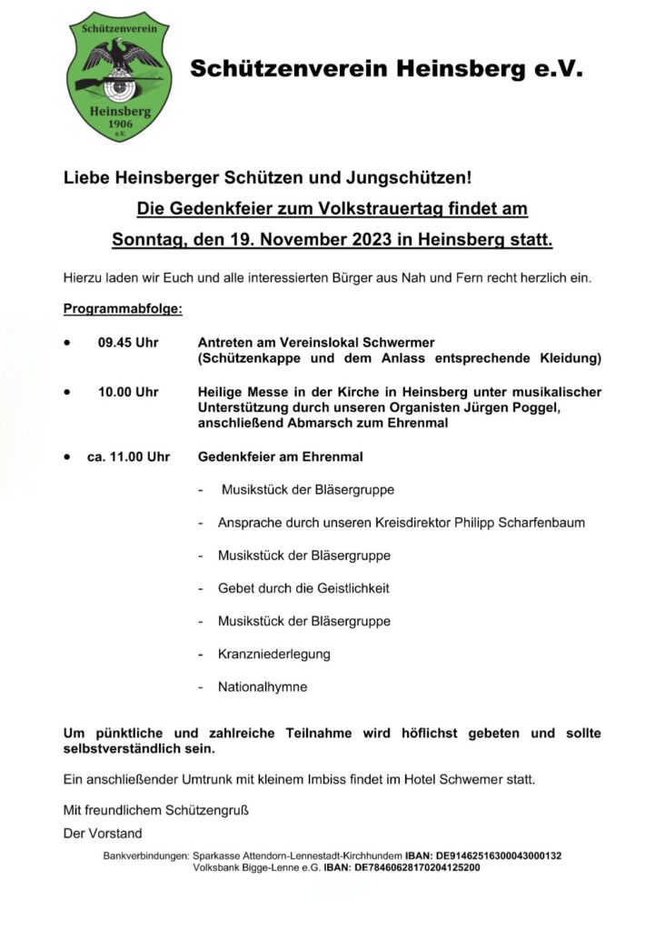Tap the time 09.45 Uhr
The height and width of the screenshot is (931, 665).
tap(128, 343)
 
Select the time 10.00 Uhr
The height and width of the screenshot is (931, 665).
tap(128, 392)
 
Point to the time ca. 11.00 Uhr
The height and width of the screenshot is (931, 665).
tap(128, 456)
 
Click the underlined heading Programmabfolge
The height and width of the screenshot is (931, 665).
tap(123, 309)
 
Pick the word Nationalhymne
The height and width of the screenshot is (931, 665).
tap(263, 686)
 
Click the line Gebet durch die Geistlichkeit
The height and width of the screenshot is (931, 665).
tap(303, 588)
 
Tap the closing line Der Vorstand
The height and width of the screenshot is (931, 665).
tap(103, 832)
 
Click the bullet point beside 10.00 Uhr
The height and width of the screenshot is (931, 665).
tap(67, 392)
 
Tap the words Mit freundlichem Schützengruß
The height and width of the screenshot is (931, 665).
tap(155, 809)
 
